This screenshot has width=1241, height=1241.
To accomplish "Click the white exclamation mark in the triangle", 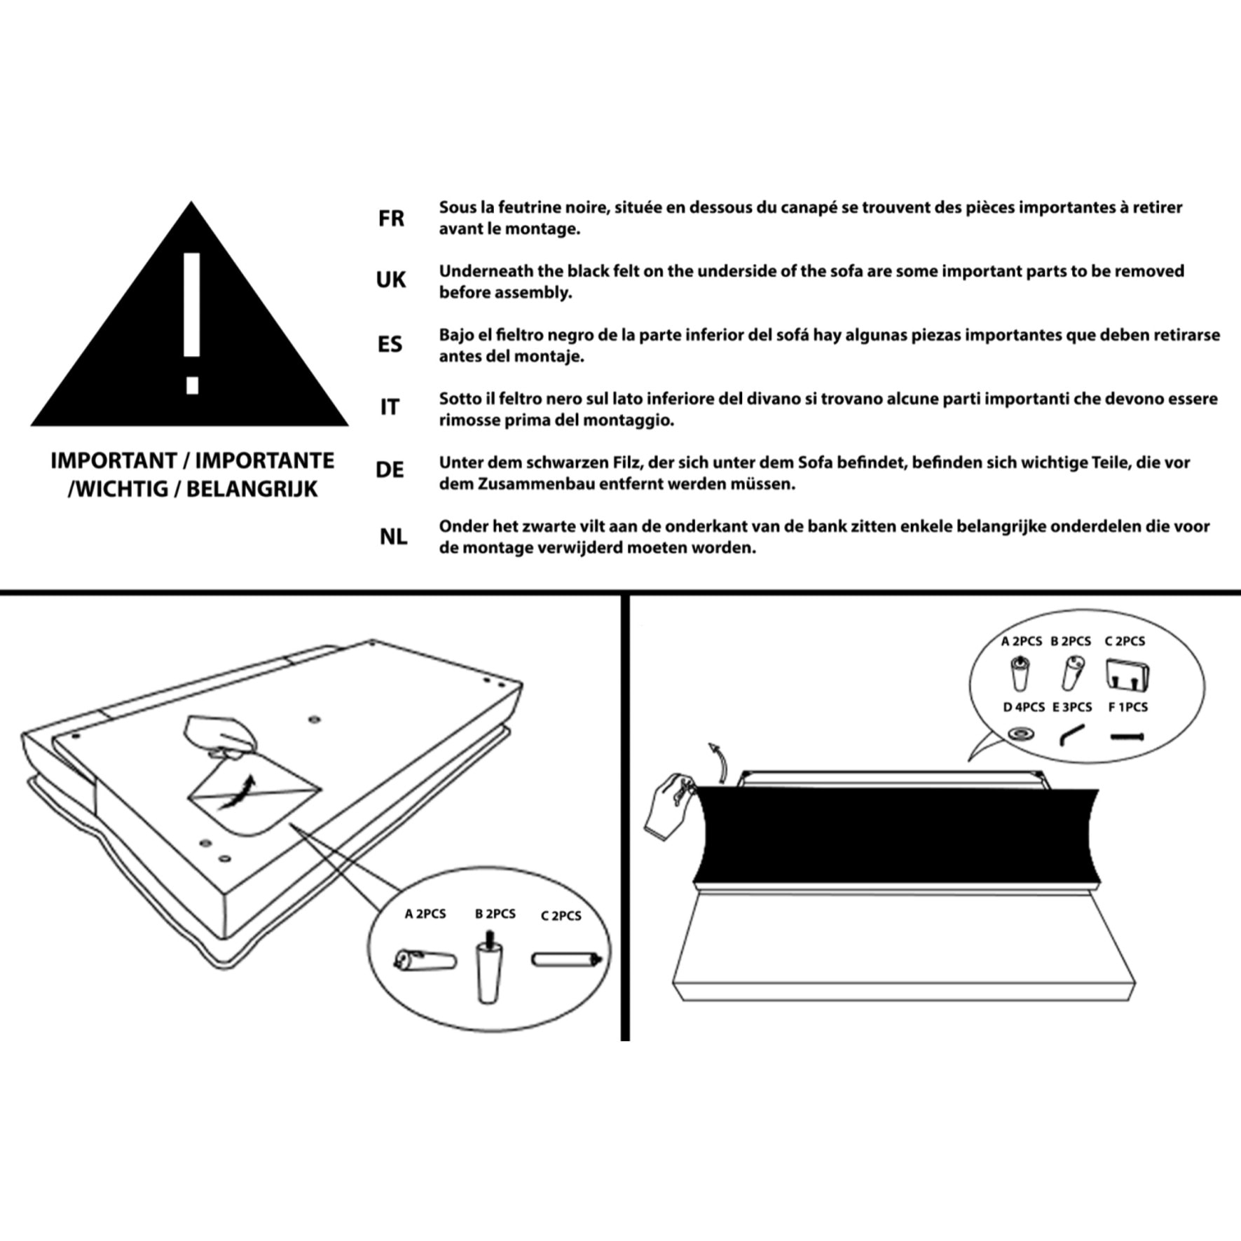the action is [192, 323].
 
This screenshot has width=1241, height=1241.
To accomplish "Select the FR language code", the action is [391, 219].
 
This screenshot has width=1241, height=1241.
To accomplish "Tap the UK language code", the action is [390, 280].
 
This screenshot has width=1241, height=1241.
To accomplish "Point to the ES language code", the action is [390, 344].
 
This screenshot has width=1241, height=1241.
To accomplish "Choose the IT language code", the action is [390, 407].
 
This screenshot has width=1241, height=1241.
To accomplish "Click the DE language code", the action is [390, 469].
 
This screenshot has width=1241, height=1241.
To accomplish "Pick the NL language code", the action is [392, 537].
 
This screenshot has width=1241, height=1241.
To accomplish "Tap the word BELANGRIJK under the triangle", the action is [252, 488].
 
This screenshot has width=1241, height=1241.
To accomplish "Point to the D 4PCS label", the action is [1024, 707].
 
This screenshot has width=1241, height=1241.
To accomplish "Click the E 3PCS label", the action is [1072, 707].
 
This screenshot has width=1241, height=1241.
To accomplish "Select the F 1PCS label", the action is [1127, 707].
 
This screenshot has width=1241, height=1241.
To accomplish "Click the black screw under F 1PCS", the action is [1127, 736].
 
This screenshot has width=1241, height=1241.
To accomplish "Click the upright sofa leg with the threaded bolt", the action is [488, 966].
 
